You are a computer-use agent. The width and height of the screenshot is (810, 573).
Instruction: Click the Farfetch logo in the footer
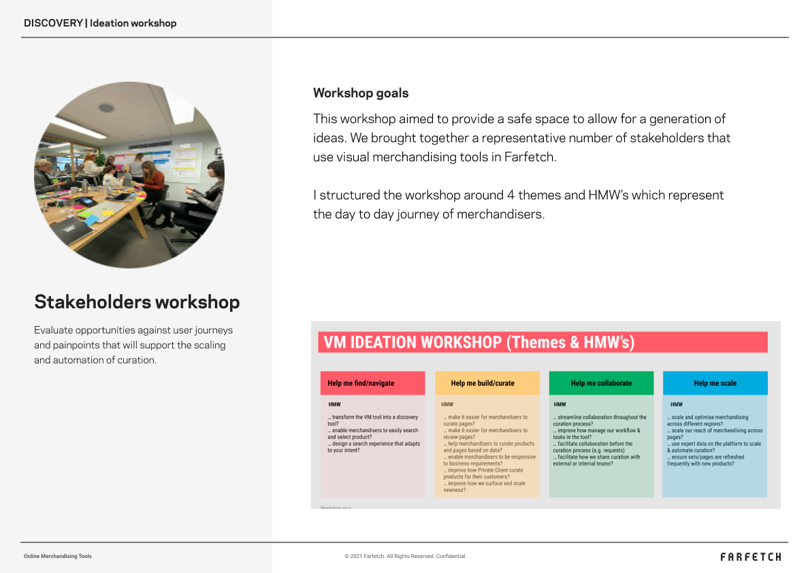click(751, 557)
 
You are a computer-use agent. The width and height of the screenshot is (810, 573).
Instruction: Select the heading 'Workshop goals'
click(361, 93)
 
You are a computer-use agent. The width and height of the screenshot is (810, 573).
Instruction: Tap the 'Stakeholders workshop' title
click(137, 302)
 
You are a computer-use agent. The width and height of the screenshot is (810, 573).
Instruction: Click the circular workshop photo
click(129, 175)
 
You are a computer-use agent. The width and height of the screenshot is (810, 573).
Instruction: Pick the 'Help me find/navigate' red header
click(372, 383)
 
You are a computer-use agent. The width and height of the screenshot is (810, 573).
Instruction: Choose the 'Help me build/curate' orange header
click(487, 383)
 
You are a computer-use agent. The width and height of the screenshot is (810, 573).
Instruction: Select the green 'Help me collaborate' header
click(601, 383)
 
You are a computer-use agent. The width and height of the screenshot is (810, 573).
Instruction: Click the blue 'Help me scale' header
click(715, 383)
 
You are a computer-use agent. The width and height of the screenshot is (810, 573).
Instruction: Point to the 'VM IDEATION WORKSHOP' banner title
click(479, 342)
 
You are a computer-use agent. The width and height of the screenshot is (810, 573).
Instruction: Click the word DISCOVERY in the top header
click(53, 23)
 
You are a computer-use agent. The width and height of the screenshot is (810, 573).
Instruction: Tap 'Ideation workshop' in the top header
click(133, 23)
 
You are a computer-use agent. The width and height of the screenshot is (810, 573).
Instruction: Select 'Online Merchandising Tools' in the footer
click(58, 557)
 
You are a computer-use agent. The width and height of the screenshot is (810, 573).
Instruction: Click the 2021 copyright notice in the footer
click(405, 557)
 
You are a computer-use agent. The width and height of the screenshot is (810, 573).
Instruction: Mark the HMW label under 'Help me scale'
click(676, 404)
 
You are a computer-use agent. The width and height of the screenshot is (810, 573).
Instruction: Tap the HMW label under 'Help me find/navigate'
click(334, 404)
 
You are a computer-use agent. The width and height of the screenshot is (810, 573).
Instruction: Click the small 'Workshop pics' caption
click(336, 508)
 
